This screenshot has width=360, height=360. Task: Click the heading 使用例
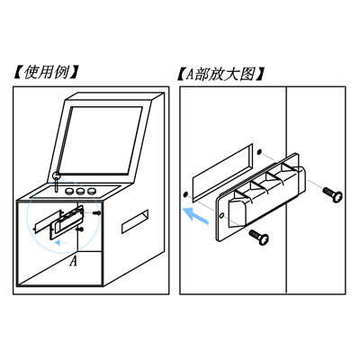46,73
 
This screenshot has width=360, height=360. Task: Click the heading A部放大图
220,74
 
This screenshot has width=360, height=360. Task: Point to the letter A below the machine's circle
74,261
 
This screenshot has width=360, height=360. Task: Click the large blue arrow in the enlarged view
195,216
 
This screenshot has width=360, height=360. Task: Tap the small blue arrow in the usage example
61,242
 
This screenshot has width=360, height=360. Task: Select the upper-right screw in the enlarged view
332,193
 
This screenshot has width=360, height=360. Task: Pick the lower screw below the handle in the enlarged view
259,237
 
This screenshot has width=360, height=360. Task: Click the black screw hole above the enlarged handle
260,152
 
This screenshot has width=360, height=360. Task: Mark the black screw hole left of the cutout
185,194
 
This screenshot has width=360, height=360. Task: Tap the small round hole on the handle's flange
221,215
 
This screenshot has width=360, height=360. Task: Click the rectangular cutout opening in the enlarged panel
222,173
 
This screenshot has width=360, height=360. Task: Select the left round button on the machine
70,191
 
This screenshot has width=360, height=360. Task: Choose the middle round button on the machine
80,191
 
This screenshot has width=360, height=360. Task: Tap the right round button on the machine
91,191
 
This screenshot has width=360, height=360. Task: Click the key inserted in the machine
56,181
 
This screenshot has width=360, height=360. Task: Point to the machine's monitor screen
101,140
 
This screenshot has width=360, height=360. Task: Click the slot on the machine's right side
135,221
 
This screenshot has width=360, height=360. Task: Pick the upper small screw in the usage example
97,212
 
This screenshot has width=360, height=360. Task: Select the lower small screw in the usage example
80,229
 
